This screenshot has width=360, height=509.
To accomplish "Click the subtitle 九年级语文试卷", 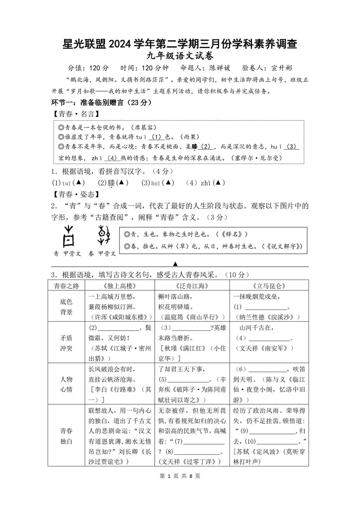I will pyautogui.click(x=180, y=56).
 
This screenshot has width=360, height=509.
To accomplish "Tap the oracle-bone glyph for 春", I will pyautogui.click(x=103, y=236).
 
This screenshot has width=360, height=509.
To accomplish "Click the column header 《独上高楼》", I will pyautogui.click(x=119, y=286).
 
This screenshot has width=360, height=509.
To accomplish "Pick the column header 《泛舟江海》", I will pyautogui.click(x=192, y=286).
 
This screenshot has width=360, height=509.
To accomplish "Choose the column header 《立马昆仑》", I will pyautogui.click(x=269, y=286).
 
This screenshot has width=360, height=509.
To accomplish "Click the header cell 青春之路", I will pyautogui.click(x=66, y=286).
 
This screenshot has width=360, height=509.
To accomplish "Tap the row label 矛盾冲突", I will pyautogui.click(x=66, y=343).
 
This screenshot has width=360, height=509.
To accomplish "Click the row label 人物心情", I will pyautogui.click(x=66, y=384).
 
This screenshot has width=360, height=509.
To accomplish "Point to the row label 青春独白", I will pyautogui.click(x=66, y=436).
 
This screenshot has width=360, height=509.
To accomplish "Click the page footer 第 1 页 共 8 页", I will pyautogui.click(x=180, y=476).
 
